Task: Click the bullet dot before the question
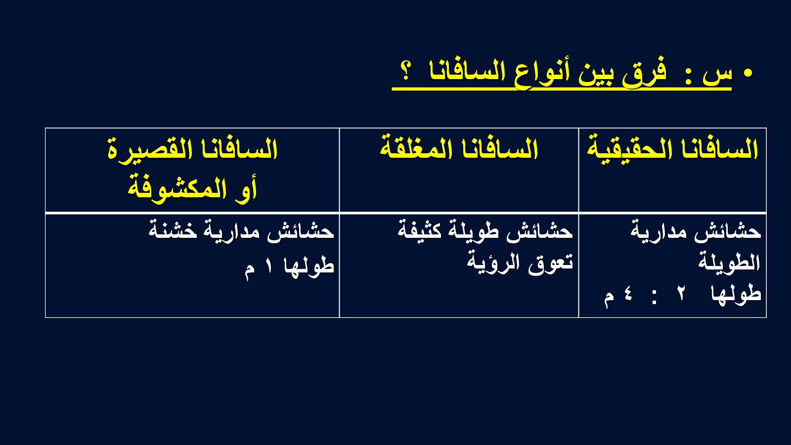tap(747, 74)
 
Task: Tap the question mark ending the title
tap(406, 71)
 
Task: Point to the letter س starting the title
tap(717, 75)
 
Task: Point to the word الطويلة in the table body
tap(729, 262)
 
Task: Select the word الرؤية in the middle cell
tap(494, 262)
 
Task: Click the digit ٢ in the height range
tap(680, 294)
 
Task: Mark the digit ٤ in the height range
tap(627, 294)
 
